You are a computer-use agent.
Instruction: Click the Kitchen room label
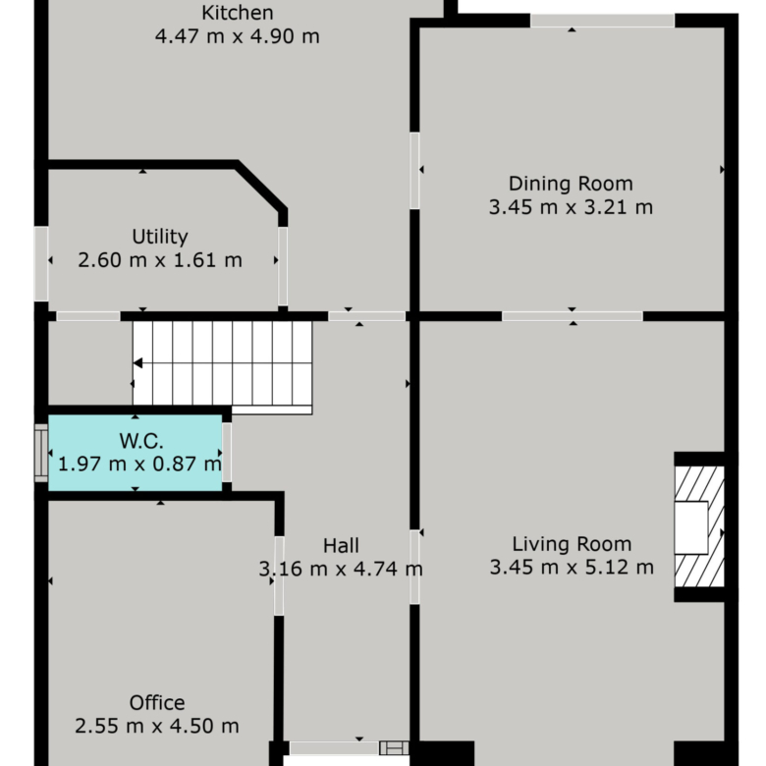tap(238, 13)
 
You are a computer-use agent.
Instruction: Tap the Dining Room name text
tap(571, 185)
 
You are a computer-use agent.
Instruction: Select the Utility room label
tap(160, 237)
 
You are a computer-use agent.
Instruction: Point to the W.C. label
tap(141, 441)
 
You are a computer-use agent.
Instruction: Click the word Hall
tap(341, 546)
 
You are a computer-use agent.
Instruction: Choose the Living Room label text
tap(572, 544)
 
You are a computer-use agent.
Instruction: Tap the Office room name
tap(157, 703)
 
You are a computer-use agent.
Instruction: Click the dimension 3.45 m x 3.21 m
tap(571, 207)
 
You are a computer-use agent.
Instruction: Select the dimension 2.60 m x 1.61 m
tap(160, 260)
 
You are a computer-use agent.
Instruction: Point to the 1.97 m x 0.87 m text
tap(139, 465)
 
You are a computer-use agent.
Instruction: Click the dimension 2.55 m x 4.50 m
tap(157, 727)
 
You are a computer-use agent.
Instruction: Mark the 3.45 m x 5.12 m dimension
tap(572, 568)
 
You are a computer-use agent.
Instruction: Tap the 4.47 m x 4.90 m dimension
tap(238, 36)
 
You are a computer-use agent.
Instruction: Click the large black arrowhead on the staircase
tap(137, 363)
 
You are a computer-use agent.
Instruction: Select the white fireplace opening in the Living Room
tap(691, 527)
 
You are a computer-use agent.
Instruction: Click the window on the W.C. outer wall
tap(41, 453)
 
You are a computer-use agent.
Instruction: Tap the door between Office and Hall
tap(279, 575)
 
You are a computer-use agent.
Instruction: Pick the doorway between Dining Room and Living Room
tap(573, 316)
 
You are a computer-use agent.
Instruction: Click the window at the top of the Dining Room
tap(602, 21)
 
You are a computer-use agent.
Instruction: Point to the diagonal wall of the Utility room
tap(260, 187)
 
